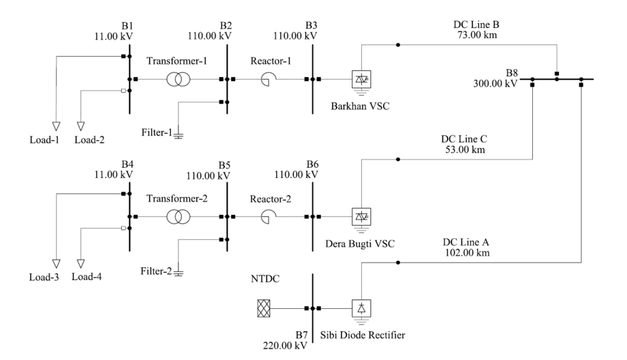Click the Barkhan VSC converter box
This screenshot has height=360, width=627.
tap(359, 80)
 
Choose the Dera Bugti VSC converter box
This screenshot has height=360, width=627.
tap(359, 217)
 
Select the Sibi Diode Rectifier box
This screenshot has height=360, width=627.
tap(359, 308)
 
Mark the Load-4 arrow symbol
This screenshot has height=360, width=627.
tap(81, 262)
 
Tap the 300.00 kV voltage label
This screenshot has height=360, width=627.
tap(495, 82)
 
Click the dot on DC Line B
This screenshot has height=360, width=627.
tap(399, 45)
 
